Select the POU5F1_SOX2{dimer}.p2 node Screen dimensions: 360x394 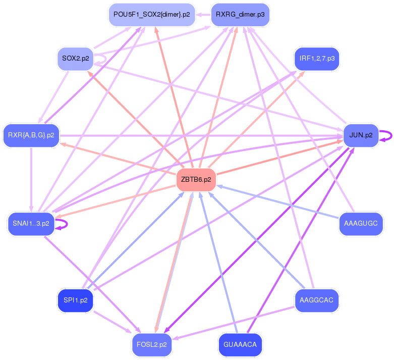[151, 15]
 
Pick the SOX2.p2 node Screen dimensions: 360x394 [76, 59]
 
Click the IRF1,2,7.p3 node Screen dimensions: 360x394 [316, 59]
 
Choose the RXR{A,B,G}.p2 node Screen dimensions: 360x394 [31, 135]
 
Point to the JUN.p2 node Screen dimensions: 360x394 [361, 135]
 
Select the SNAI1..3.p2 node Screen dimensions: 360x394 [31, 224]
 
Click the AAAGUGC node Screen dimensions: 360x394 [361, 224]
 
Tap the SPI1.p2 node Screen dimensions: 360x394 [76, 300]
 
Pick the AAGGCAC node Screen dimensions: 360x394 [316, 300]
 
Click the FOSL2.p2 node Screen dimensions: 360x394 [151, 345]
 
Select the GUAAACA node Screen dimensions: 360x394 [240, 345]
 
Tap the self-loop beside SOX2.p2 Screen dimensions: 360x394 [102, 59]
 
